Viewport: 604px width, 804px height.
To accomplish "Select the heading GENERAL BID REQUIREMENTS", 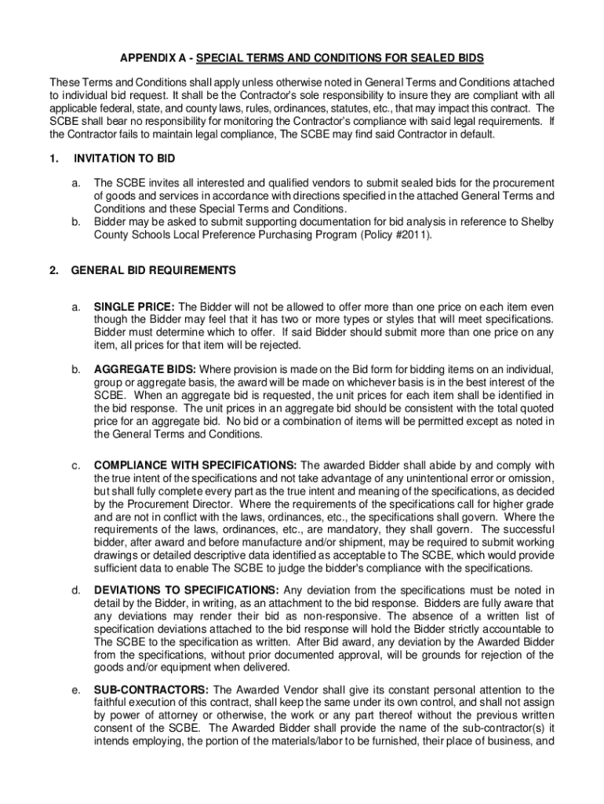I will [x=153, y=271].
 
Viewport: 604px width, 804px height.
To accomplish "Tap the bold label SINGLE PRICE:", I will [x=135, y=307].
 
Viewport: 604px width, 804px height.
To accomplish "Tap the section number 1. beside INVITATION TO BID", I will [x=53, y=159].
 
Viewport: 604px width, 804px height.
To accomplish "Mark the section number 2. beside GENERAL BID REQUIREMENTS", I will [x=53, y=271].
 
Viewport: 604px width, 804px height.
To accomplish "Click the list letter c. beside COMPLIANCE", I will [x=76, y=466].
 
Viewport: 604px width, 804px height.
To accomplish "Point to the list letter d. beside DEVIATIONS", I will [x=76, y=591].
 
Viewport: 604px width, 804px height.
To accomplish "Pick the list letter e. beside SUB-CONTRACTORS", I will [x=76, y=690].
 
